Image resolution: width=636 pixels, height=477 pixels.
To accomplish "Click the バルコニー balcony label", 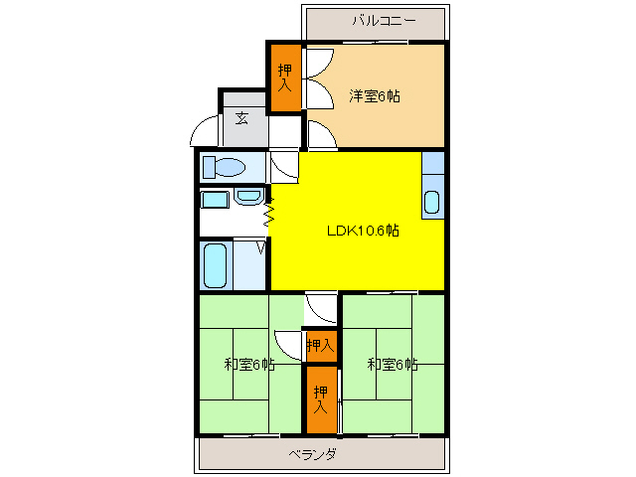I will tap(384, 20).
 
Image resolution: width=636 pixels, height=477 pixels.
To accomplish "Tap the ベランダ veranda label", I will tap(312, 454).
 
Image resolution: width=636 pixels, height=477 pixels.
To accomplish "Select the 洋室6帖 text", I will tap(374, 96).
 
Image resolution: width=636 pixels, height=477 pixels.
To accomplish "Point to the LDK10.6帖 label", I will tap(364, 230).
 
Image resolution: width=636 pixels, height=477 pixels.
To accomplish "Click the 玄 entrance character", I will tap(241, 118).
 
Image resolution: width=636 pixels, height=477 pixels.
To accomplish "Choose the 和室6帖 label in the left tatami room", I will tap(248, 365).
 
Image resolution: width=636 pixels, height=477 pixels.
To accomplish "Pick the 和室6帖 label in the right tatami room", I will tap(392, 365).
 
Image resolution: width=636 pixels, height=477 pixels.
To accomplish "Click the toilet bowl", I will tap(228, 166).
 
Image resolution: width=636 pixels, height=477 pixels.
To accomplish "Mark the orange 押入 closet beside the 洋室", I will tap(285, 79).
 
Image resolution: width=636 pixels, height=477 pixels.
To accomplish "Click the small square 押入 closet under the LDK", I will tap(320, 345).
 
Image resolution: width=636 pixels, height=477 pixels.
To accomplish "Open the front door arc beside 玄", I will tap(206, 133).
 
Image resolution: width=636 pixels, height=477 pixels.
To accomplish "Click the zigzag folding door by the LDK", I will tap(268, 212).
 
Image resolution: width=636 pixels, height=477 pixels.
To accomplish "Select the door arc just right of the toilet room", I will tap(283, 166).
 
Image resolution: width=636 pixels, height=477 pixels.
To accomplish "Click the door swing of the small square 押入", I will tap(290, 344).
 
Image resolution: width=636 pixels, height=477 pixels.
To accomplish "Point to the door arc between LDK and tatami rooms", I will tap(320, 308).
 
